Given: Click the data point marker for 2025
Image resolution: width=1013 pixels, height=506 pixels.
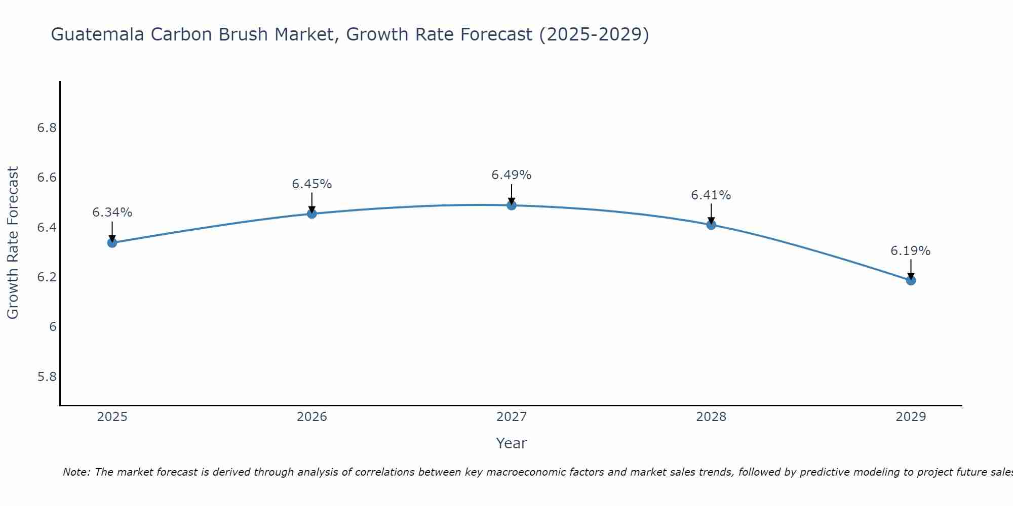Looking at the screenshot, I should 112,243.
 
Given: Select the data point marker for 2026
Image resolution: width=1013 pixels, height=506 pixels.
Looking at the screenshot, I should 312,214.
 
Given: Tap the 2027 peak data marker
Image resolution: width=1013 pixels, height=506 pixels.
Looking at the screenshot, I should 512,205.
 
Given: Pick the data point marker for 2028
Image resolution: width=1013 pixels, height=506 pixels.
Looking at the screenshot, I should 711,225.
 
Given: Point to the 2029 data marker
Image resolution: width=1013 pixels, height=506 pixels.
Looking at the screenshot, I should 911,280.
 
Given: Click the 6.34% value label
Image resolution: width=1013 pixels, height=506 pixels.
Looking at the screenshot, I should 112,213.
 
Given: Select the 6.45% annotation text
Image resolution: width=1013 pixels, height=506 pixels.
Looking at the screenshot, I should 312,184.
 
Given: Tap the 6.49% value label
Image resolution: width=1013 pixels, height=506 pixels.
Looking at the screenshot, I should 512,175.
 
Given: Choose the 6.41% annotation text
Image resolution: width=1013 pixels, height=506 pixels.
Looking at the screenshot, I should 711,195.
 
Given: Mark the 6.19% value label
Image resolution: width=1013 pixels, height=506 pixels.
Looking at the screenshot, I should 911,251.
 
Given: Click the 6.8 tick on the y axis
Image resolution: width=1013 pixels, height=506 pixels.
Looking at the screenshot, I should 47,128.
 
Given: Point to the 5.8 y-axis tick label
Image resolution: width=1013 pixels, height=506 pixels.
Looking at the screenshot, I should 47,377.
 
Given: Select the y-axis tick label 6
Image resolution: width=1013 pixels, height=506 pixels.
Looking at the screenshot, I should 53,327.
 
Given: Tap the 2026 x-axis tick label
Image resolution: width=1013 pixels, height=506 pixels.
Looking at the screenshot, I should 312,417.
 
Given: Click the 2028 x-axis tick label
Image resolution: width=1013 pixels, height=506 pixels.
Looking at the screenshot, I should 711,417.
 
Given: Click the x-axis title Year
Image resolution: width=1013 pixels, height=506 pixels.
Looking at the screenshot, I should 512,443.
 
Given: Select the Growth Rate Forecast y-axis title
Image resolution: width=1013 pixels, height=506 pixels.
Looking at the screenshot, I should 13,243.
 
